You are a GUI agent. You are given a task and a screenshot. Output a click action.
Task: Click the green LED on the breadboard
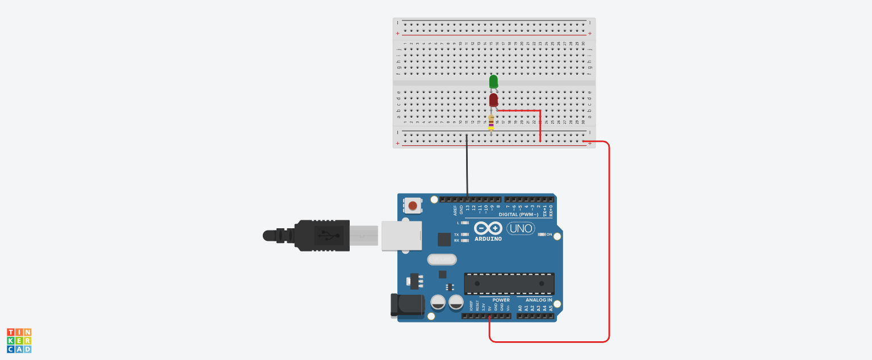(x=493, y=82)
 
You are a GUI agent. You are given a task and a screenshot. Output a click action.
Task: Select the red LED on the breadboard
(x=493, y=101)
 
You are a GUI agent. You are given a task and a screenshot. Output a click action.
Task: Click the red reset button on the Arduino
(x=413, y=206)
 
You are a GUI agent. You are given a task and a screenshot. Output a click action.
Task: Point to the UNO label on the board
(x=520, y=228)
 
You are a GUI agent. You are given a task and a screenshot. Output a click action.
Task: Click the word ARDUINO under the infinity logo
(x=488, y=239)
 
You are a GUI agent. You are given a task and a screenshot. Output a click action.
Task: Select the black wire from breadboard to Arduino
(x=467, y=168)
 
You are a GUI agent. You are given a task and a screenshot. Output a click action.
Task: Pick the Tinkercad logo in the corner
(x=19, y=340)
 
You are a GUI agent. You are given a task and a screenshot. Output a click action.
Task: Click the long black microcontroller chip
(x=509, y=283)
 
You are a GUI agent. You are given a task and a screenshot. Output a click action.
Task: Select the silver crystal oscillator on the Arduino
(x=442, y=259)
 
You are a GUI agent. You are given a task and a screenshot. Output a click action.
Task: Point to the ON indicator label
(x=549, y=235)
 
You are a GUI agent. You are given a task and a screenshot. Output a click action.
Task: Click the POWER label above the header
(x=501, y=300)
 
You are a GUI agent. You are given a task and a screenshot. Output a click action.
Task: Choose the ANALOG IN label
(x=538, y=300)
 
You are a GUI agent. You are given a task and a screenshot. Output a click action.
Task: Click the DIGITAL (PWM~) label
(x=519, y=215)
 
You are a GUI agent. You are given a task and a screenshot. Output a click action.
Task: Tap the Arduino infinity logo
(x=488, y=228)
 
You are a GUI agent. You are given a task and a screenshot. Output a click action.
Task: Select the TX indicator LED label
(x=456, y=235)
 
